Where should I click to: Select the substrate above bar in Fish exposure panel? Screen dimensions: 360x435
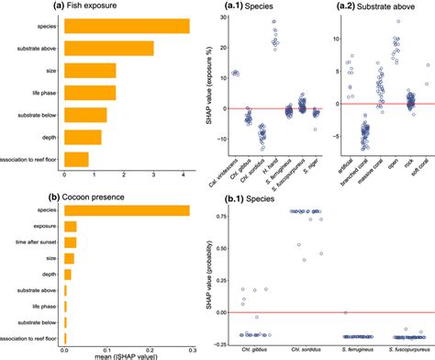click(109, 48)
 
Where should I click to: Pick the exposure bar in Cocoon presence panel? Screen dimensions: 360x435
click(70, 227)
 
